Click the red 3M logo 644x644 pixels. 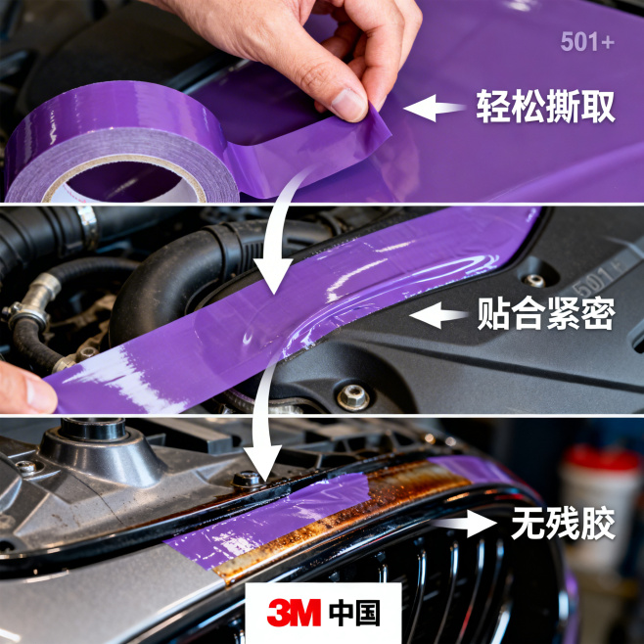coord(294,613)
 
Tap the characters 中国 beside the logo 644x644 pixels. coord(354,613)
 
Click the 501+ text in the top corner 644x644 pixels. coord(587,41)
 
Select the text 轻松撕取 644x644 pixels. coord(545,107)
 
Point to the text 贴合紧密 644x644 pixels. coord(546,313)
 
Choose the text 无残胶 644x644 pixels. coord(563,524)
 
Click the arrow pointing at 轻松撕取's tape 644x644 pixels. coord(435,108)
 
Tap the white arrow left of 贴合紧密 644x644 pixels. coord(438,315)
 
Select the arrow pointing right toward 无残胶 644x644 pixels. coord(464,524)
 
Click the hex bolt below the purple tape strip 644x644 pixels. coord(353,396)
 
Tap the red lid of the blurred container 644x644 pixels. coord(601,459)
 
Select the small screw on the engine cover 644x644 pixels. coord(534,281)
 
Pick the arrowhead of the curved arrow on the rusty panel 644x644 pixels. coord(263,463)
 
